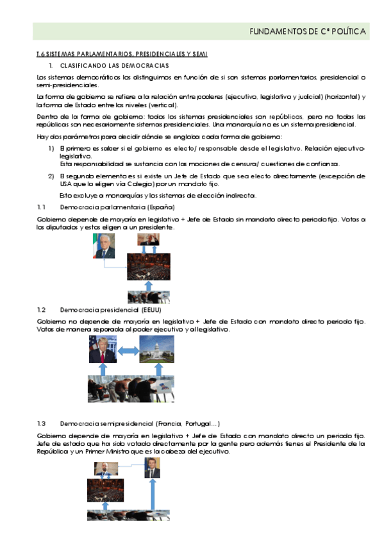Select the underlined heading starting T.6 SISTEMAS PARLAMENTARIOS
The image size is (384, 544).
[122, 54]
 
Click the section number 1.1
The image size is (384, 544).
[42, 208]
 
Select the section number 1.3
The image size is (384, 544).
[42, 423]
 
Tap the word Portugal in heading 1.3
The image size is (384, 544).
[198, 423]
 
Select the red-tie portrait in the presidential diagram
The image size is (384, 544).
[103, 350]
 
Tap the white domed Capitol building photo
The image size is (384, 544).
[156, 350]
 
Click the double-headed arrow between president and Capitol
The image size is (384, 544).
[129, 350]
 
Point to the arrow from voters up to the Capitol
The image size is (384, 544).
[156, 370]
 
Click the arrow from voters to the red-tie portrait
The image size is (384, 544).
[103, 370]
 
